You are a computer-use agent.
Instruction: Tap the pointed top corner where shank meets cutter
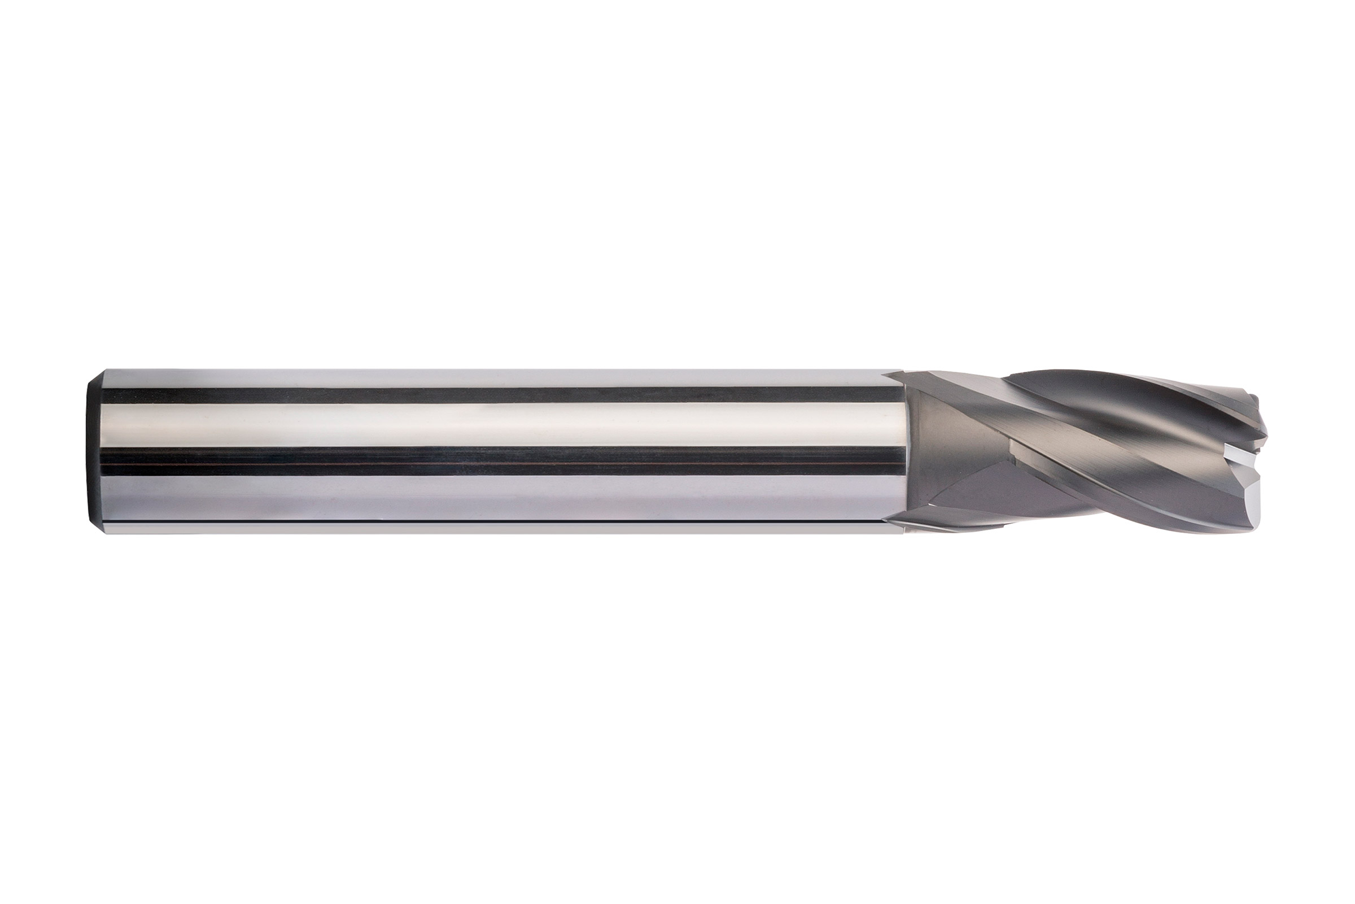pyautogui.click(x=890, y=372)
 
